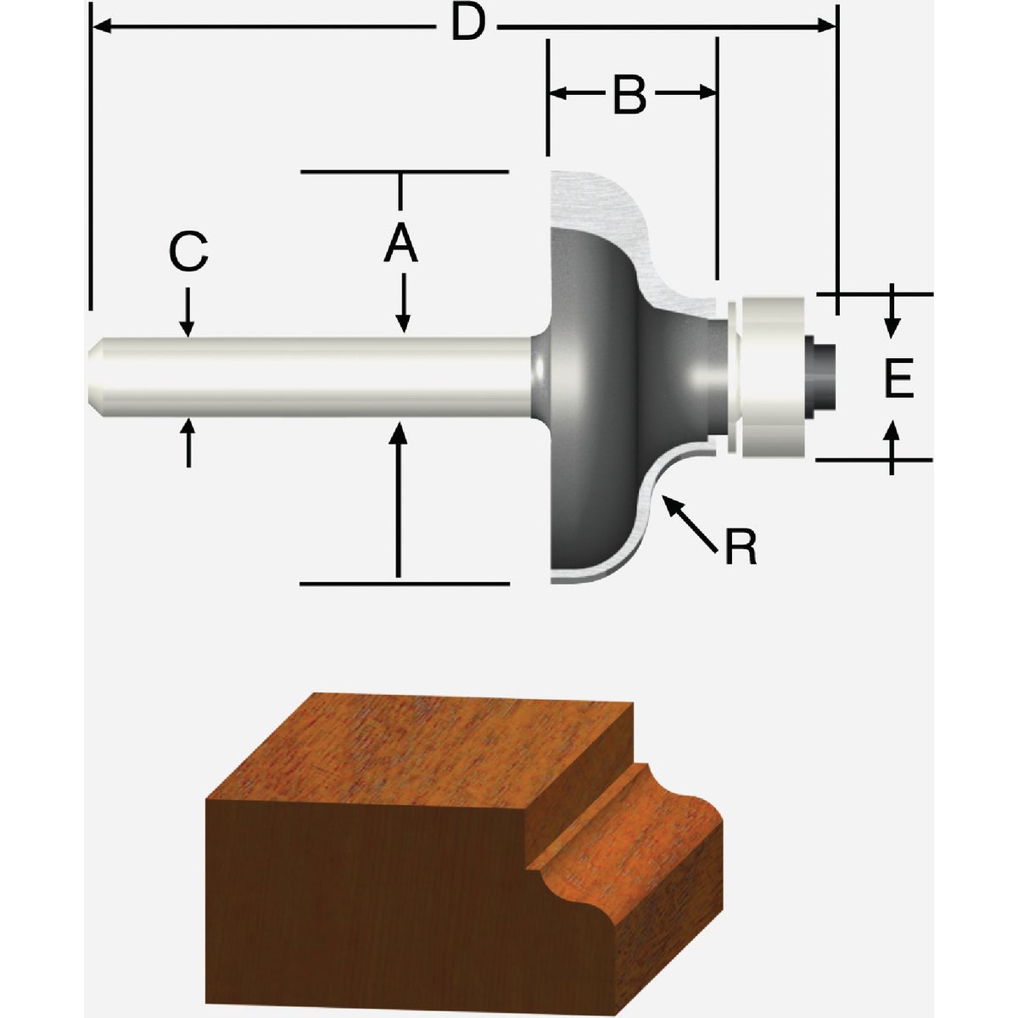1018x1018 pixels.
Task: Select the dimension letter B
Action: click(x=629, y=95)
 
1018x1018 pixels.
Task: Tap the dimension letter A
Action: click(x=400, y=246)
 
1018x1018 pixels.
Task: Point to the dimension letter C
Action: click(x=188, y=252)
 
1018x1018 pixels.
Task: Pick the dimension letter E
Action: click(x=898, y=378)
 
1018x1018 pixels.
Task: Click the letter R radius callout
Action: click(x=740, y=548)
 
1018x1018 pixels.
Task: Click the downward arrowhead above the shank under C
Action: click(x=188, y=327)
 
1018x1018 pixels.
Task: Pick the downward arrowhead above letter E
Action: click(x=892, y=327)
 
